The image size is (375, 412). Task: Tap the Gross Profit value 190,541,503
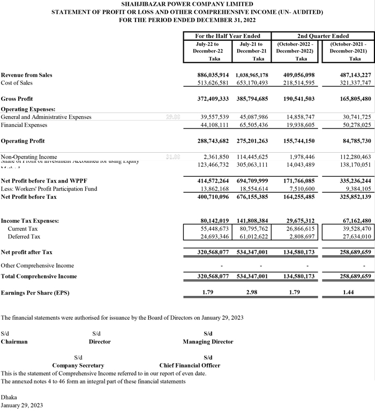tap(295, 99)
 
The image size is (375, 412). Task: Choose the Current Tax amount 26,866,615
tap(297, 229)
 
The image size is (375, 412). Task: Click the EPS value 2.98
tap(258, 293)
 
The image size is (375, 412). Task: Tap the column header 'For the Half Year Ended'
tap(228, 36)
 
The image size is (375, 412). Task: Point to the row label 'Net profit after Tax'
tap(27, 252)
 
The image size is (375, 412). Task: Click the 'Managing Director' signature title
tap(208, 341)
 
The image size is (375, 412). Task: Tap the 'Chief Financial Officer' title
tap(190, 365)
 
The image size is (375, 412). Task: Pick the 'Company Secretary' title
tap(78, 365)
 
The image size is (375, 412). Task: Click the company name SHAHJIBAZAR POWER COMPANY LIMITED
tap(187, 4)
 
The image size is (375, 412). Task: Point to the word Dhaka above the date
tap(9, 398)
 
